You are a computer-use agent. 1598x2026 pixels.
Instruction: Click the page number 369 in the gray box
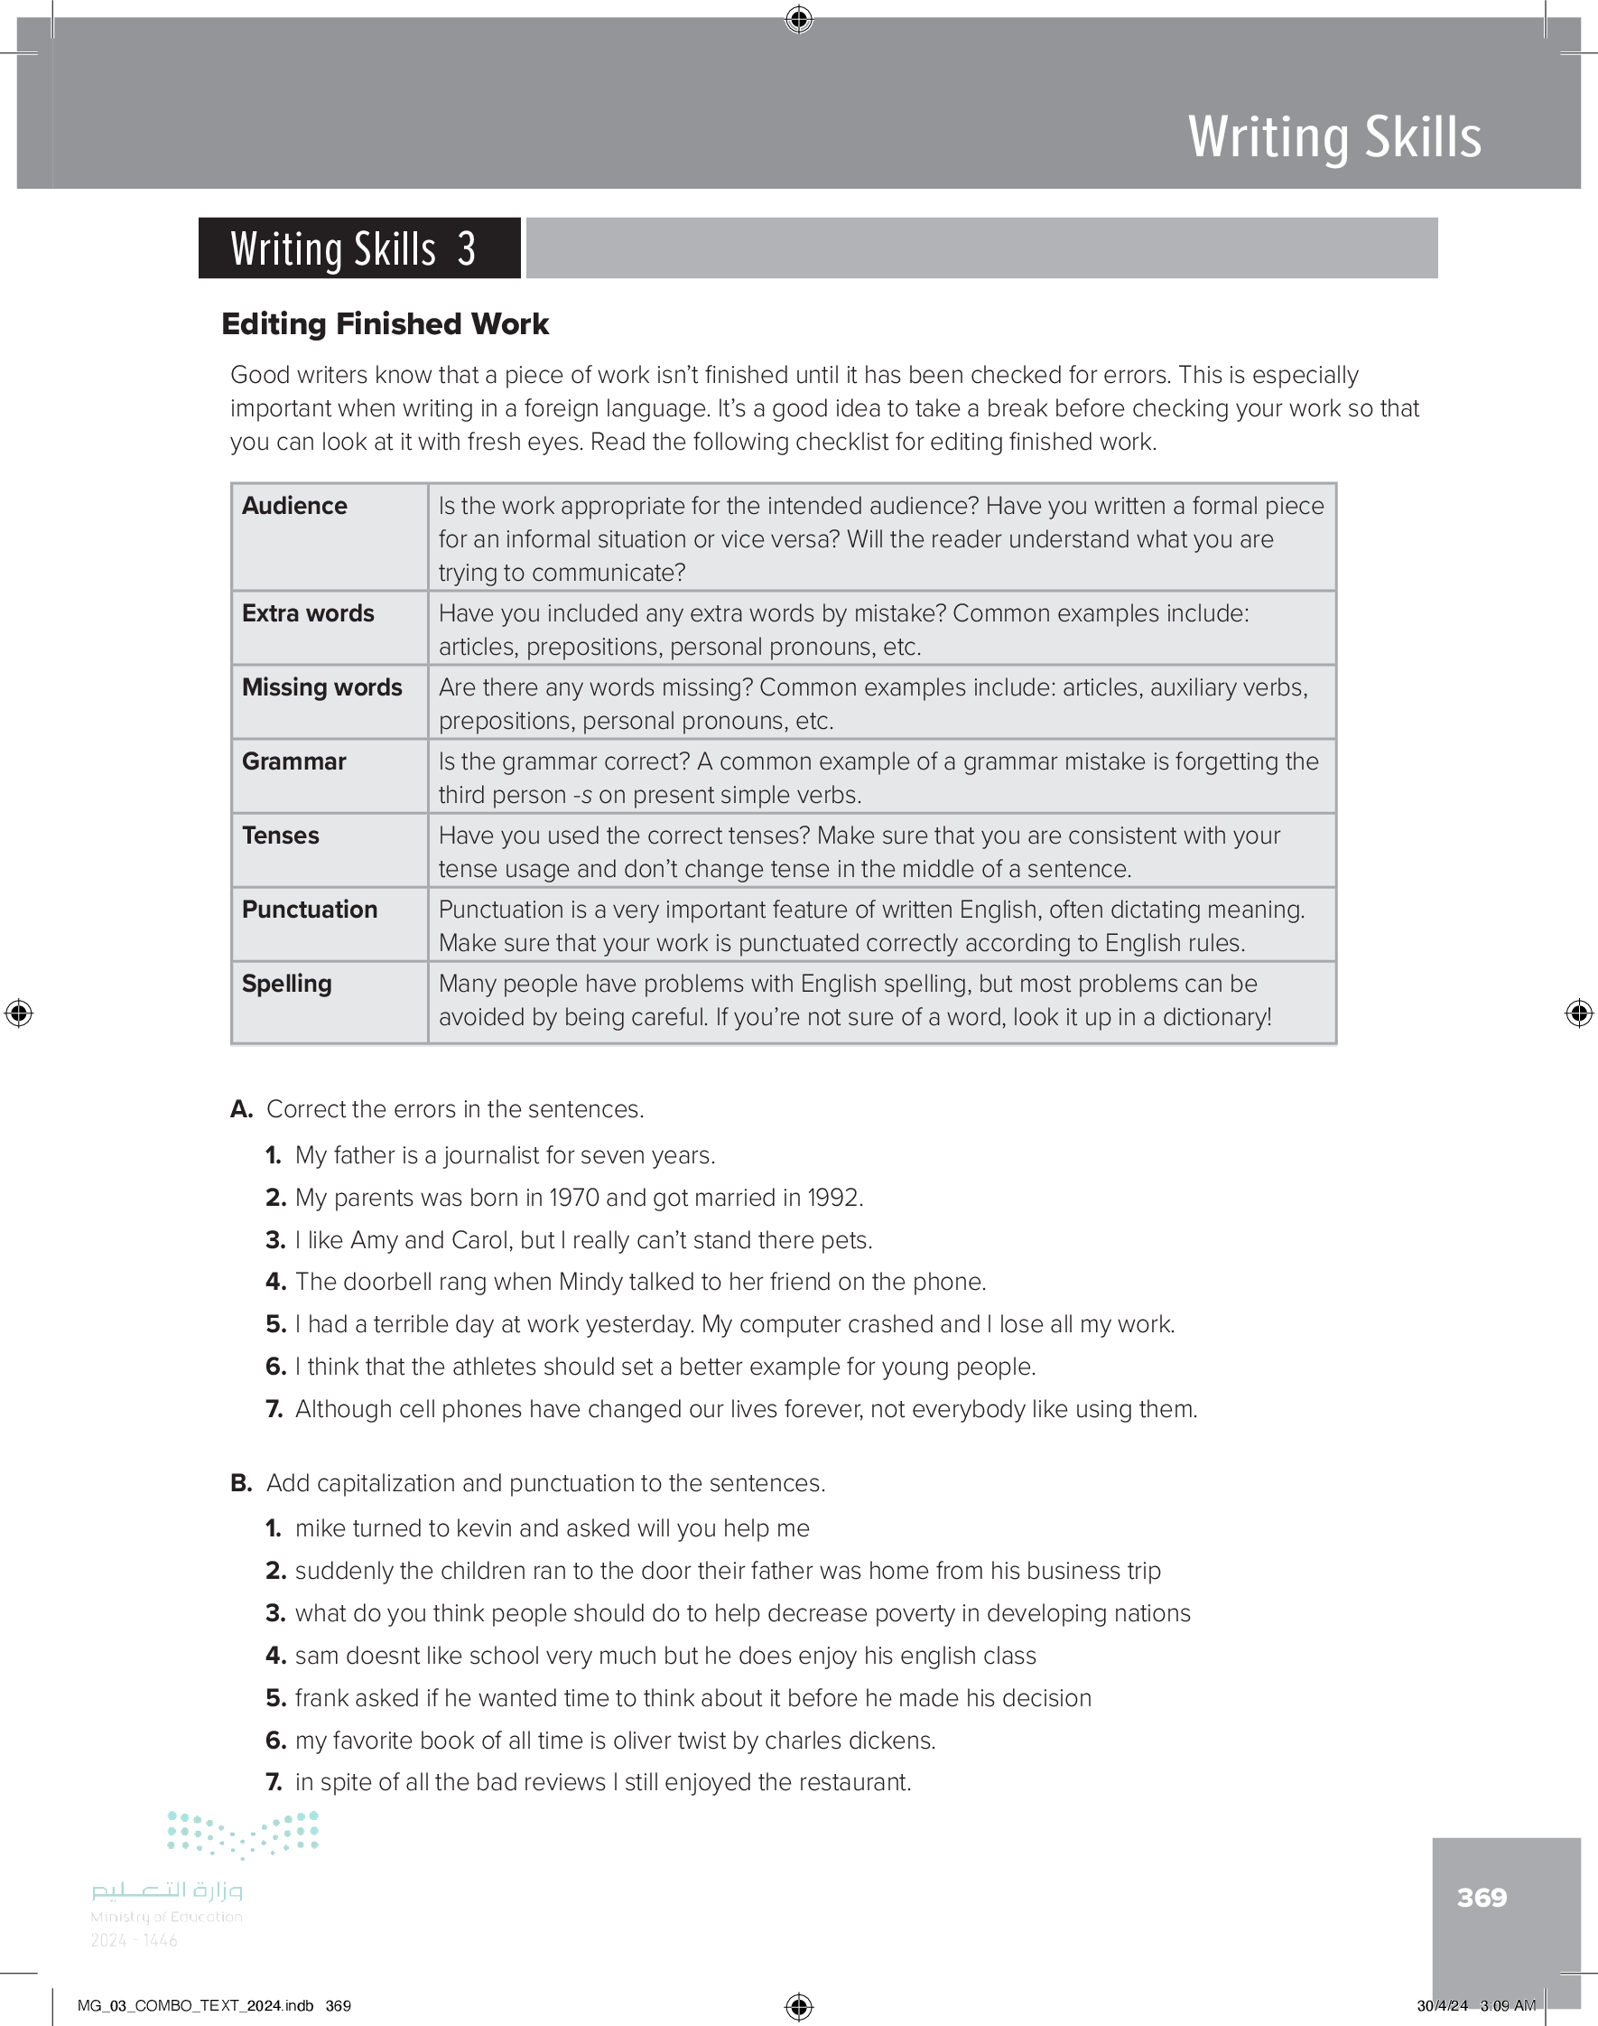click(x=1481, y=1897)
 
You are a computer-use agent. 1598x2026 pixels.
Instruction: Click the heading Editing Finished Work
click(x=385, y=323)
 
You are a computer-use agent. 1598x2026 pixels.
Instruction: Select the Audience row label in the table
click(x=293, y=505)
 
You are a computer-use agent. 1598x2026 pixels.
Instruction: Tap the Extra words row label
click(x=308, y=613)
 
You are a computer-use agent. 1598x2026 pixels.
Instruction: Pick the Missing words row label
click(x=321, y=686)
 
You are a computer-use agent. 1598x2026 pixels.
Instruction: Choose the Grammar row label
click(x=293, y=761)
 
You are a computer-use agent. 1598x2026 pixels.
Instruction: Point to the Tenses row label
click(x=281, y=835)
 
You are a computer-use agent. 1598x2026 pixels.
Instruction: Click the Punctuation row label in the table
click(x=310, y=909)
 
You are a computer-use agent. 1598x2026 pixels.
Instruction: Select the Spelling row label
click(x=286, y=983)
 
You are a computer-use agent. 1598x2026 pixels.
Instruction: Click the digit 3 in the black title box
click(x=466, y=249)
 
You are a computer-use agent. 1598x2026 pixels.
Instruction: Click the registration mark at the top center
click(x=799, y=19)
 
